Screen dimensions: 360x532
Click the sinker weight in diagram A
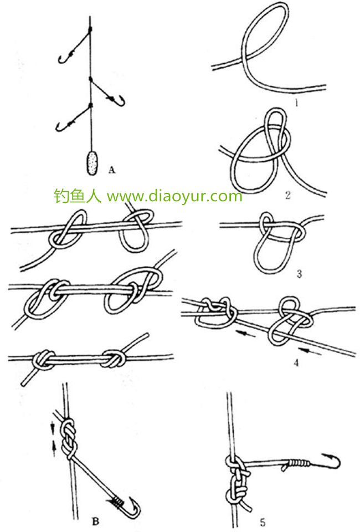coord(92,163)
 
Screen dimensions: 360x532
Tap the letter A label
coord(112,170)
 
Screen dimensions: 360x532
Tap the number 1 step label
coord(296,103)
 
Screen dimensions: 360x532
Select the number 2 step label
coord(288,195)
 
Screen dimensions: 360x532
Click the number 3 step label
coord(299,273)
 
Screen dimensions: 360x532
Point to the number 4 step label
coord(296,362)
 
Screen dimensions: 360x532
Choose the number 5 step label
coord(263,522)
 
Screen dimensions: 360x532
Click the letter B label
coord(96,521)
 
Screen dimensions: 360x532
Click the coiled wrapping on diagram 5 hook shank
coord(299,462)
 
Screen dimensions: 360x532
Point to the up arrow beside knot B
coord(54,449)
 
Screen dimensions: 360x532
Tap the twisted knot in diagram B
coord(69,439)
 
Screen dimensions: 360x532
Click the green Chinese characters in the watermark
coord(78,196)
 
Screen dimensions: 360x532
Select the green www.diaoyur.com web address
coord(174,196)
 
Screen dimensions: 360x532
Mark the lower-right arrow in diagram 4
coord(310,352)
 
